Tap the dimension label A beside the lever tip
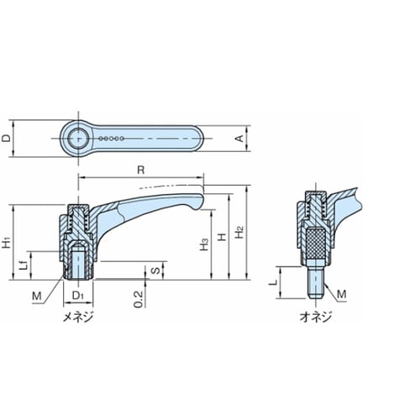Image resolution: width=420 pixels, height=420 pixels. coord(239,139)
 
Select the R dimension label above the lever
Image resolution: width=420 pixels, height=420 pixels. coord(141,170)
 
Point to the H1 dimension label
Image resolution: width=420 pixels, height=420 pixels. coord(7,242)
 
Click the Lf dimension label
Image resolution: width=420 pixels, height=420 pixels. coord(24,265)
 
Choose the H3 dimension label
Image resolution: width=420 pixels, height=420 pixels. coord(204,244)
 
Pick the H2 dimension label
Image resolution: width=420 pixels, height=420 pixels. coord(239,232)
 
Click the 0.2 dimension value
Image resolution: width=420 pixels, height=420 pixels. coord(138,299)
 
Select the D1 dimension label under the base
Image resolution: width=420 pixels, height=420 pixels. coord(78,296)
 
